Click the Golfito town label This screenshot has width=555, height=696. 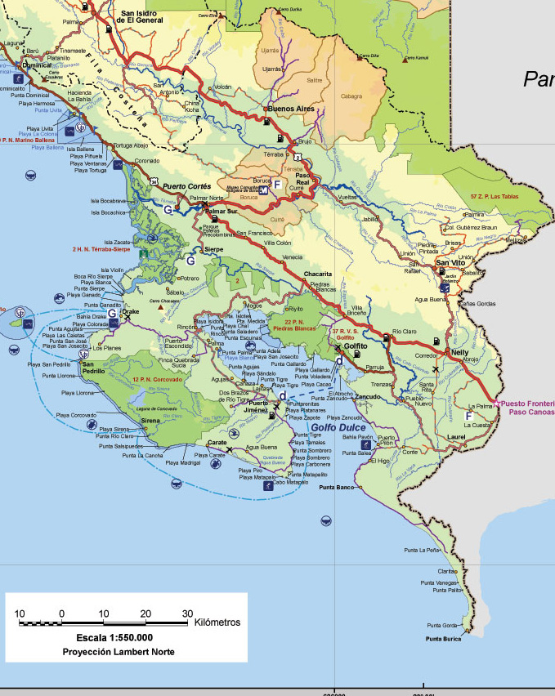coord(356,346)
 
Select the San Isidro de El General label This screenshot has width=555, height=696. coord(149,17)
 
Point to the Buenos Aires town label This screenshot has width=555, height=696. coord(292,108)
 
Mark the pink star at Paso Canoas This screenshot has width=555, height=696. coord(497,404)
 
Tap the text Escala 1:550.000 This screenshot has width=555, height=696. coord(114,637)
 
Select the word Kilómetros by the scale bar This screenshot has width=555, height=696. coord(217,622)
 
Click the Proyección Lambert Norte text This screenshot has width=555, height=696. coord(119,652)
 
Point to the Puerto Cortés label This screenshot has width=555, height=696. coord(186,186)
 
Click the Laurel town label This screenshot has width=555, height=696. coord(455,437)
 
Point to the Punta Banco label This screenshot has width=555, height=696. coord(337,488)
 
